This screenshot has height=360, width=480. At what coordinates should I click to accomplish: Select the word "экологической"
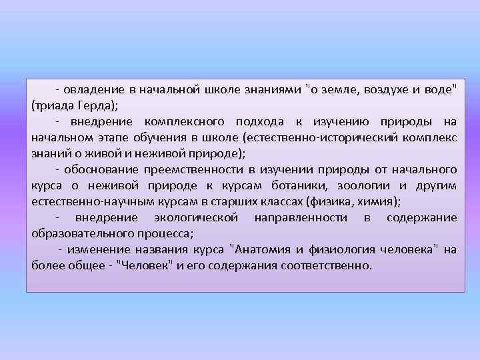[x=196, y=218]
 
